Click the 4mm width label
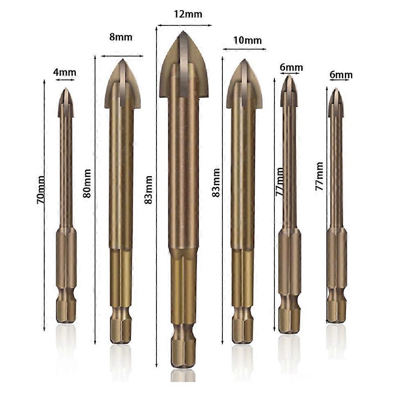(x=65, y=72)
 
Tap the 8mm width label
(x=121, y=37)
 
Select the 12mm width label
(x=188, y=14)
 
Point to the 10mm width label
(x=247, y=40)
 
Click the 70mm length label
(x=41, y=190)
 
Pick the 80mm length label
(x=87, y=183)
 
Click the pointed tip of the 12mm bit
(x=183, y=31)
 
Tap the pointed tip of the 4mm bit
(x=66, y=88)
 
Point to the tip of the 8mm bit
(x=122, y=60)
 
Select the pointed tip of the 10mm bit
(x=245, y=60)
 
